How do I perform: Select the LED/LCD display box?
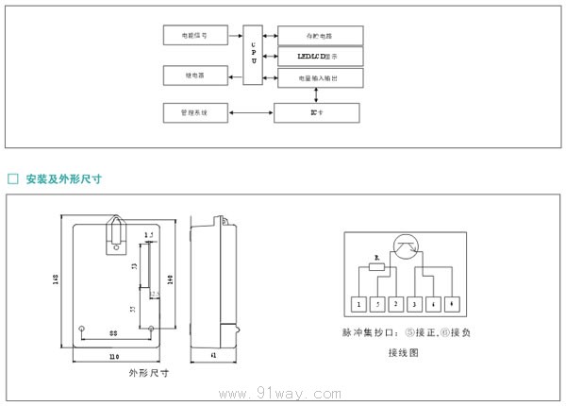pos(320,57)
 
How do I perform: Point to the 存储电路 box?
pos(320,36)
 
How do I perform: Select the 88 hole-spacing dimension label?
pos(113,334)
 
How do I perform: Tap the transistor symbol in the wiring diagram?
pos(405,247)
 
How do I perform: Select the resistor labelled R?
pos(377,267)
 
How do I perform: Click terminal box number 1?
pos(358,304)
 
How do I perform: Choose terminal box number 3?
pos(415,304)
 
